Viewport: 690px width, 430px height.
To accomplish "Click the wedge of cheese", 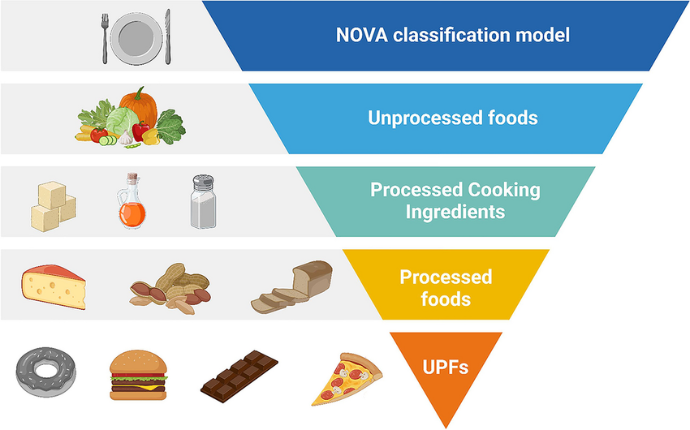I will [53, 286].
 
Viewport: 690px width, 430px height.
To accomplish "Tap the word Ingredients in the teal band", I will [455, 213].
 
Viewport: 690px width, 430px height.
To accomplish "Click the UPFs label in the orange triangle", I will [445, 366].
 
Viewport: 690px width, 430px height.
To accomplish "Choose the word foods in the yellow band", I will [446, 299].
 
